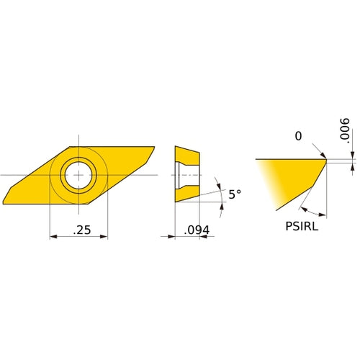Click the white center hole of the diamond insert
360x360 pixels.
(78, 174)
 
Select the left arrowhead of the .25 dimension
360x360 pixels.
(53, 236)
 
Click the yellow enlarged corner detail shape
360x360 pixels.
(288, 180)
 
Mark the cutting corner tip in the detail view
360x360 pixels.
(325, 161)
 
